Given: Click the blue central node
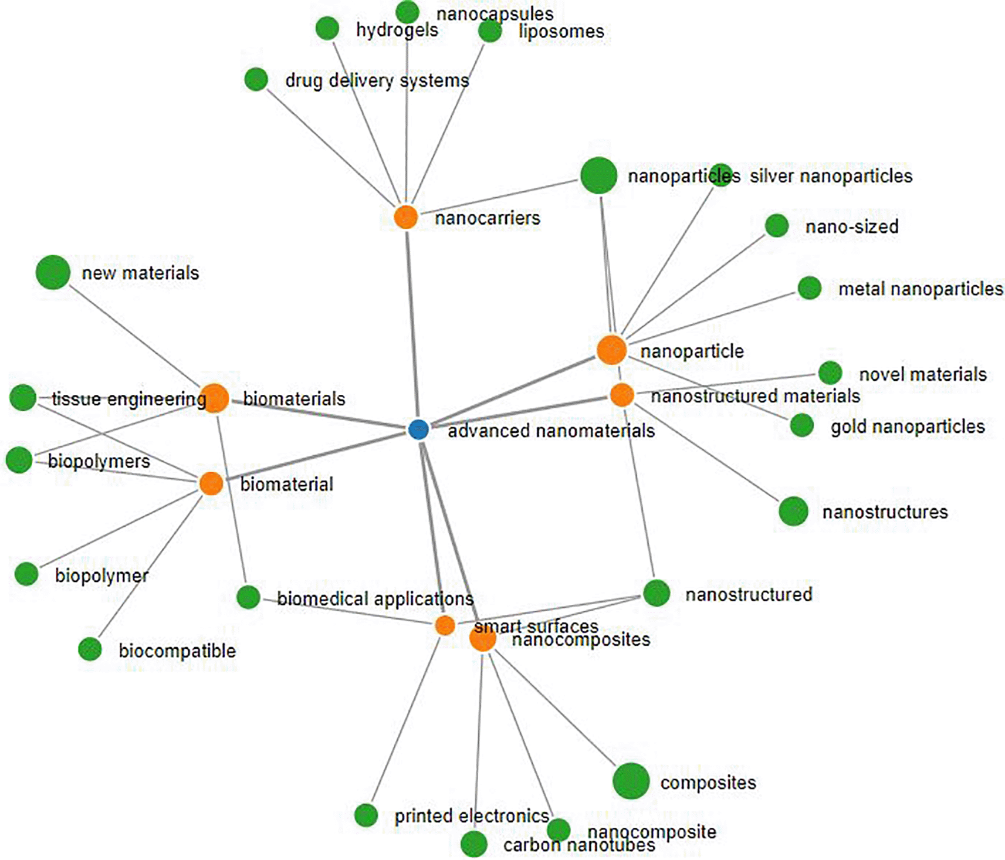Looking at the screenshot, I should pos(418,429).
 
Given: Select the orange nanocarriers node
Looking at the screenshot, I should pos(405,217).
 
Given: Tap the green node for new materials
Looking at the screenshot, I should pos(53,272).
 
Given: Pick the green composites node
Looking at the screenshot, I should pos(631,781).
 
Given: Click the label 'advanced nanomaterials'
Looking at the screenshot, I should pos(551,431).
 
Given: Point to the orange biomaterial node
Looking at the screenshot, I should pos(211,483).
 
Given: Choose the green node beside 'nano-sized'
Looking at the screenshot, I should pos(777,226).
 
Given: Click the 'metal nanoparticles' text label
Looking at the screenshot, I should pos(920,289).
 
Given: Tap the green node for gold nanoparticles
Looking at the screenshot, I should pos(801,425).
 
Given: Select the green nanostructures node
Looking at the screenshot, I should pos(793,511).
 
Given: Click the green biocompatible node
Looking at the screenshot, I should pos(90,649).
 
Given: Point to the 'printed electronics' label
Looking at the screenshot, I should pos(472,816).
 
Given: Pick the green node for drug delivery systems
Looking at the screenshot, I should pos(256,79).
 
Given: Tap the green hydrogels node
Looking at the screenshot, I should pos(327,28).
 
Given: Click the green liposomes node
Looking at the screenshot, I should pos(490,31).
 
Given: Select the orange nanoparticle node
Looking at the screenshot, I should pos(611,350).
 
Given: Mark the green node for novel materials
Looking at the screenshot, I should pos(830,373).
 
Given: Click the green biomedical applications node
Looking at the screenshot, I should pos(248,597).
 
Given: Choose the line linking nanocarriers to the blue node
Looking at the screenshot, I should pos(411,323).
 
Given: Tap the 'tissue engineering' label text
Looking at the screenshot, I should pos(128,399).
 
